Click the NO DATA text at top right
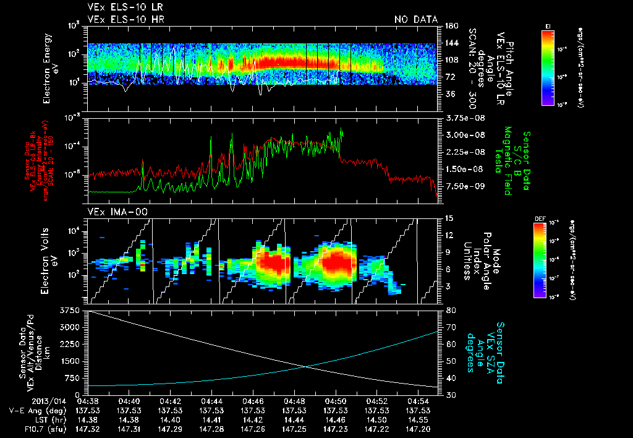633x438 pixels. pyautogui.click(x=415, y=20)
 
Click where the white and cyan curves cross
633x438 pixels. pyautogui.click(x=306, y=366)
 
